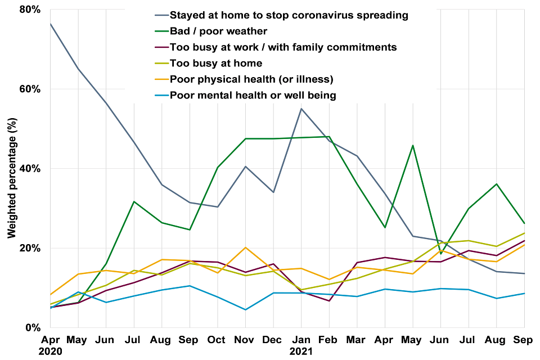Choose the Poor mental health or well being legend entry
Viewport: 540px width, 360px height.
(253, 95)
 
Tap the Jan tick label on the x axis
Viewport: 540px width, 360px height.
(301, 340)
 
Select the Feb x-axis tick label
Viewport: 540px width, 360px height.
(329, 340)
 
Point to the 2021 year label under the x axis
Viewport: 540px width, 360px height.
(301, 352)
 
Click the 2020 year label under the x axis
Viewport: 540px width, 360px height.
(50, 352)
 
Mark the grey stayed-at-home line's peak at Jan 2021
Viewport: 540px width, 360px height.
(301, 109)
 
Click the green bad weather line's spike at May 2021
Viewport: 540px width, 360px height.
(413, 145)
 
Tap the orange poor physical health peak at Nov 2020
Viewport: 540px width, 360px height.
(245, 247)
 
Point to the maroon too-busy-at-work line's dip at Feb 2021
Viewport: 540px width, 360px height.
(329, 300)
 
